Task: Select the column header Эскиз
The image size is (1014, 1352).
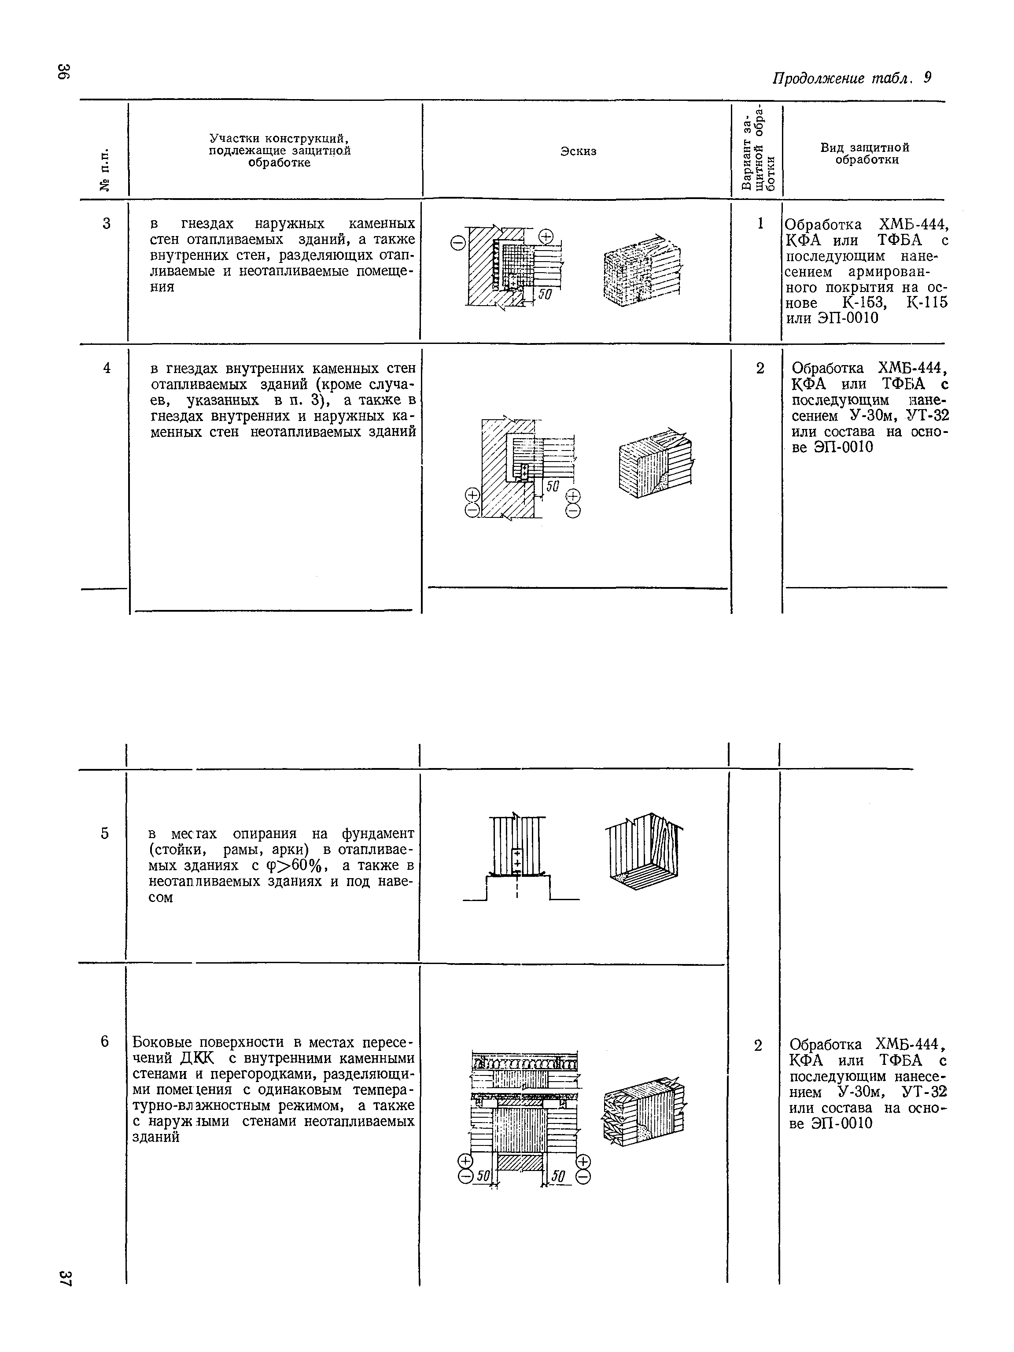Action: (578, 151)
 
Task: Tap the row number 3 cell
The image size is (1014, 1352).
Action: (107, 224)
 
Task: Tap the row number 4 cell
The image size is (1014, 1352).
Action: (107, 368)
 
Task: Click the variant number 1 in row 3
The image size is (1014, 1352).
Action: (760, 224)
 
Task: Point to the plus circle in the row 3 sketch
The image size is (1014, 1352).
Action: (546, 236)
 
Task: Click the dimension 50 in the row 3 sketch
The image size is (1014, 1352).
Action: (545, 295)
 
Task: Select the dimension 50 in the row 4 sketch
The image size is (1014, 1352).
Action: (552, 486)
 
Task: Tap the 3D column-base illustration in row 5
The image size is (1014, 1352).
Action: (644, 851)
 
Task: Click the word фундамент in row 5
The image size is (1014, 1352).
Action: (378, 834)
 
